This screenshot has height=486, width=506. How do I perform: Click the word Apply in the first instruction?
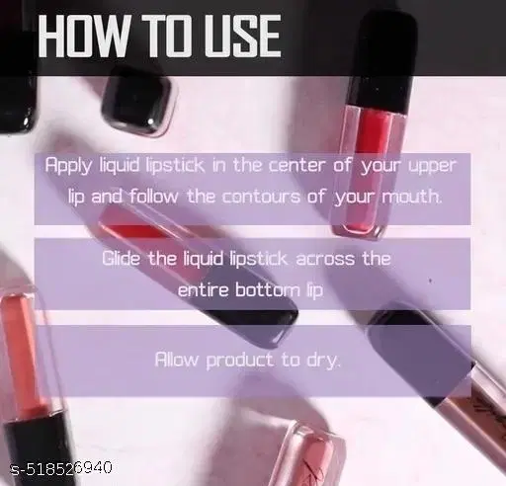[67, 166]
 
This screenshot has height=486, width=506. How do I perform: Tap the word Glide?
[123, 259]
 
